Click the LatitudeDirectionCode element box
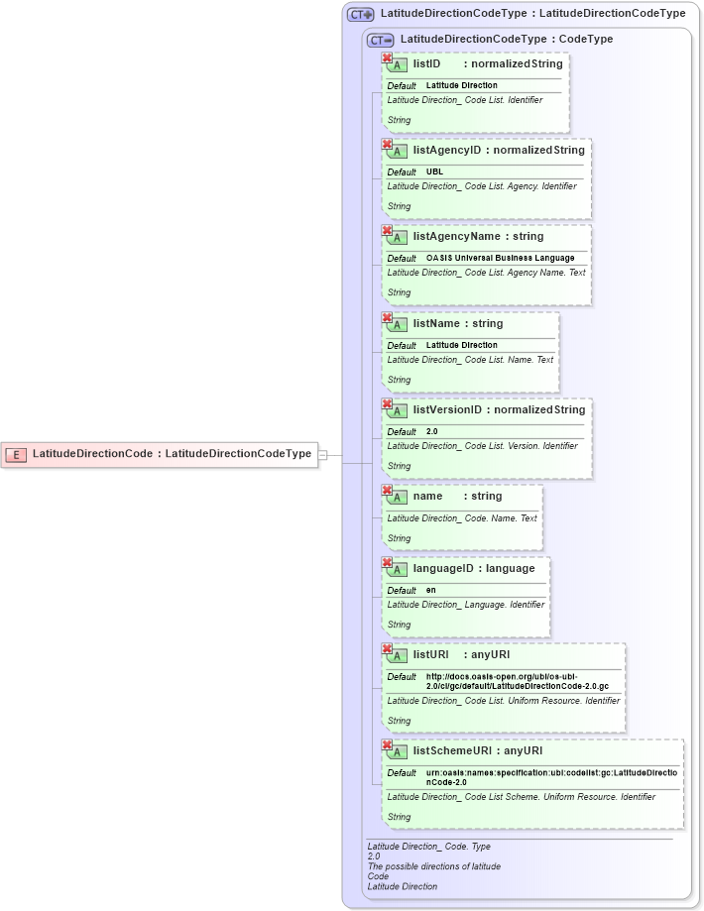[x=159, y=454]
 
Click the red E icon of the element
[x=16, y=455]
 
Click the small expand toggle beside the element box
[x=322, y=455]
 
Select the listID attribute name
[x=426, y=64]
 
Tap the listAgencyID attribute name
[x=446, y=151]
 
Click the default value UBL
[x=434, y=172]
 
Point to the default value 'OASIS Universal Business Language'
[x=500, y=259]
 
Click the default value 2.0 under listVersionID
[x=431, y=432]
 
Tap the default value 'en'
[x=430, y=591]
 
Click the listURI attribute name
[x=430, y=655]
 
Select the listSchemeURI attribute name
[x=452, y=751]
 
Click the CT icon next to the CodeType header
[x=380, y=40]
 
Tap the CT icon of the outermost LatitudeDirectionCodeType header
[x=360, y=15]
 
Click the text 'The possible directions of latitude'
[x=433, y=866]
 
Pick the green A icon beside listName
[x=397, y=325]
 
